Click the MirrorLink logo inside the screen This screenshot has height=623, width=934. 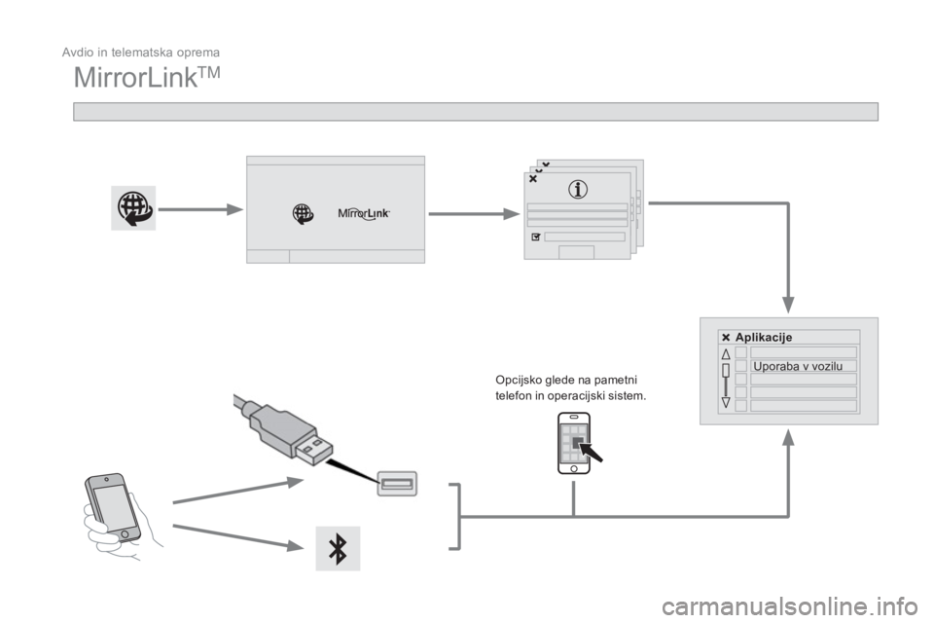(363, 213)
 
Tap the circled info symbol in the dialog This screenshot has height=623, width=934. (580, 190)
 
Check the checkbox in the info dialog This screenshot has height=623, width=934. (535, 237)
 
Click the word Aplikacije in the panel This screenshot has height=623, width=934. (764, 337)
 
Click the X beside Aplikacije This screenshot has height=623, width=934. (726, 337)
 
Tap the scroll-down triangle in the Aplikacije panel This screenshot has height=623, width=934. (726, 400)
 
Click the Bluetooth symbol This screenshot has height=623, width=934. (339, 548)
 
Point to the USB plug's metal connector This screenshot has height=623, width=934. (308, 455)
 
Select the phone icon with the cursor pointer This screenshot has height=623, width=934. (576, 443)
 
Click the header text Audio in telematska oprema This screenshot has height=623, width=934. (141, 50)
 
